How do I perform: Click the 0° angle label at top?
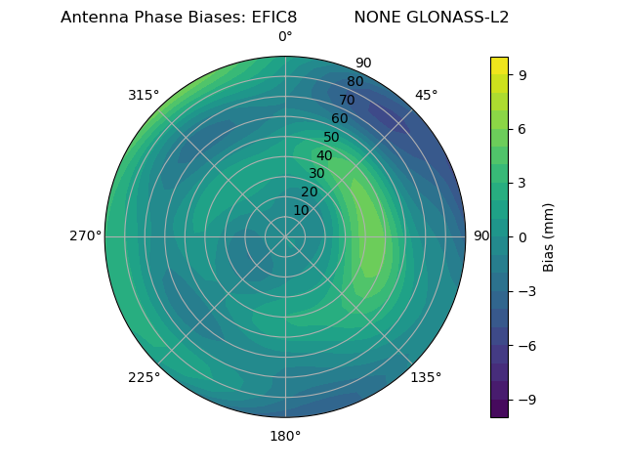285,37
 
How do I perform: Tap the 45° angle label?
427,95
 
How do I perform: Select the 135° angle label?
426,377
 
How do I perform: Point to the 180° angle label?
285,436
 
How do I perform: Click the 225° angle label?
144,377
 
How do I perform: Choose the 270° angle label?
85,236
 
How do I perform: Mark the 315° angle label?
144,95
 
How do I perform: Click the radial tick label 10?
301,210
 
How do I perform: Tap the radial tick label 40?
324,155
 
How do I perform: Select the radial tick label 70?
347,100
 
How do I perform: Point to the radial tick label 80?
354,81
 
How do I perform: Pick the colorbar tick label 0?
522,236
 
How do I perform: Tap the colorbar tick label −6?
525,345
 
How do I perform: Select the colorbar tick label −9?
525,400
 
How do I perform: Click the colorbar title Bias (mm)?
549,236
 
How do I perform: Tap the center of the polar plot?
285,236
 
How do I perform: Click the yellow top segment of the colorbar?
499,65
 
